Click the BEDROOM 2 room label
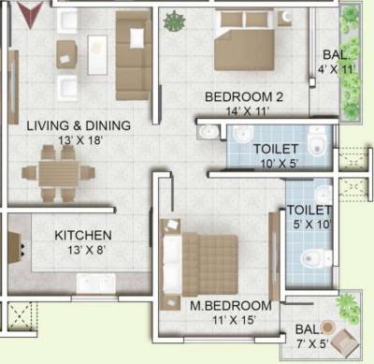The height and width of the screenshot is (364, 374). point(243,96)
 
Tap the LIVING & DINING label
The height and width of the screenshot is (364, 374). point(78,125)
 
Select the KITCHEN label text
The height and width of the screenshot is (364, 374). point(83,235)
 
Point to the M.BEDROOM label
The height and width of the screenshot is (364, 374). point(231,306)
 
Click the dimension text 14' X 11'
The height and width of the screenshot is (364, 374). point(243,111)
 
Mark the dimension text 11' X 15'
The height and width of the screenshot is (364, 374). point(232,321)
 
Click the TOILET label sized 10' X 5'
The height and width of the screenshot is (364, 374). point(276,149)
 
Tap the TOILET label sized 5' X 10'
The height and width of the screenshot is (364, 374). point(309,211)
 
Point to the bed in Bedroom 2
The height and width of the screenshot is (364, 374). point(245,41)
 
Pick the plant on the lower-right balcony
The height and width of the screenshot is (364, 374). point(347,305)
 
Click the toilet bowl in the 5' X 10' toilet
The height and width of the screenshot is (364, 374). point(309,259)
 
